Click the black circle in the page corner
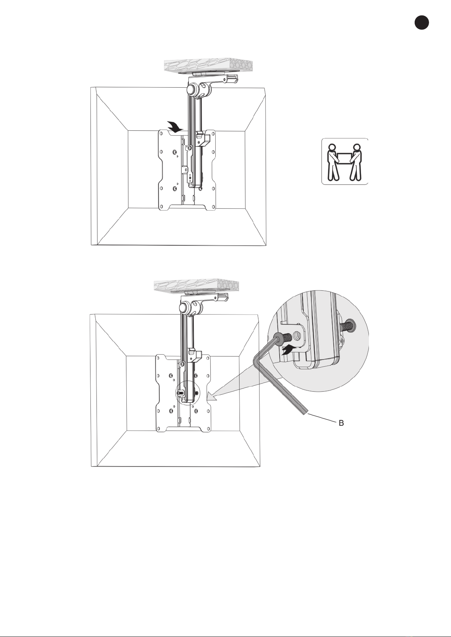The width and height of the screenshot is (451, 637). coord(421,22)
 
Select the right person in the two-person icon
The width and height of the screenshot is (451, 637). coord(355,162)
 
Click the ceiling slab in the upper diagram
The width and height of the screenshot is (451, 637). coord(208,66)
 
